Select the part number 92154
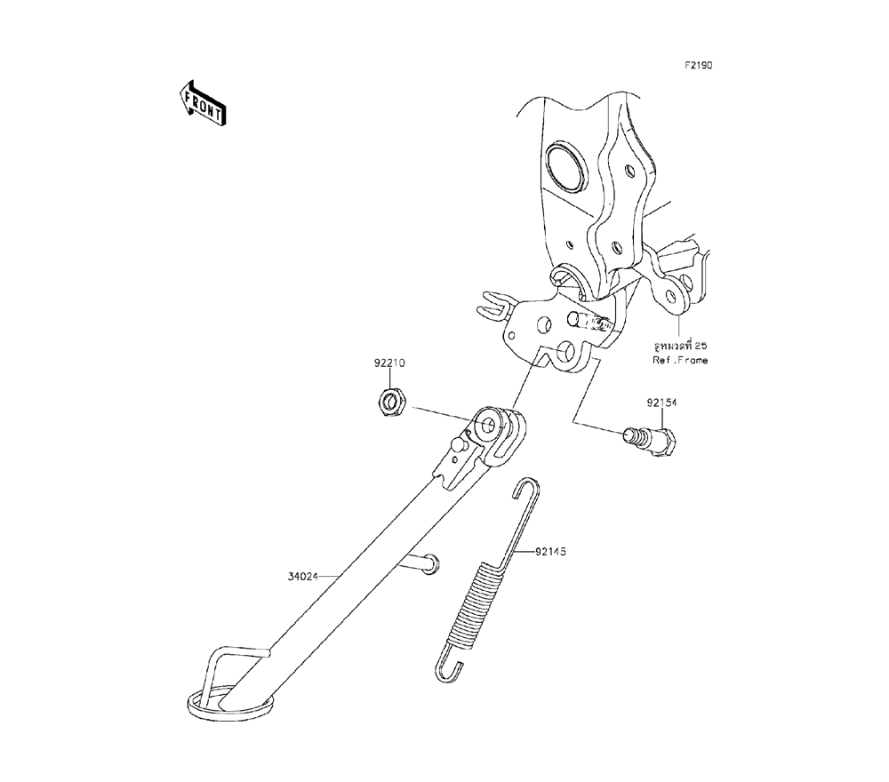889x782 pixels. pyautogui.click(x=661, y=403)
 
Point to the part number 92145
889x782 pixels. pyautogui.click(x=550, y=552)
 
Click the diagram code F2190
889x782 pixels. pyautogui.click(x=698, y=66)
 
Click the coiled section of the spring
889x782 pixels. pyautogui.click(x=477, y=604)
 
